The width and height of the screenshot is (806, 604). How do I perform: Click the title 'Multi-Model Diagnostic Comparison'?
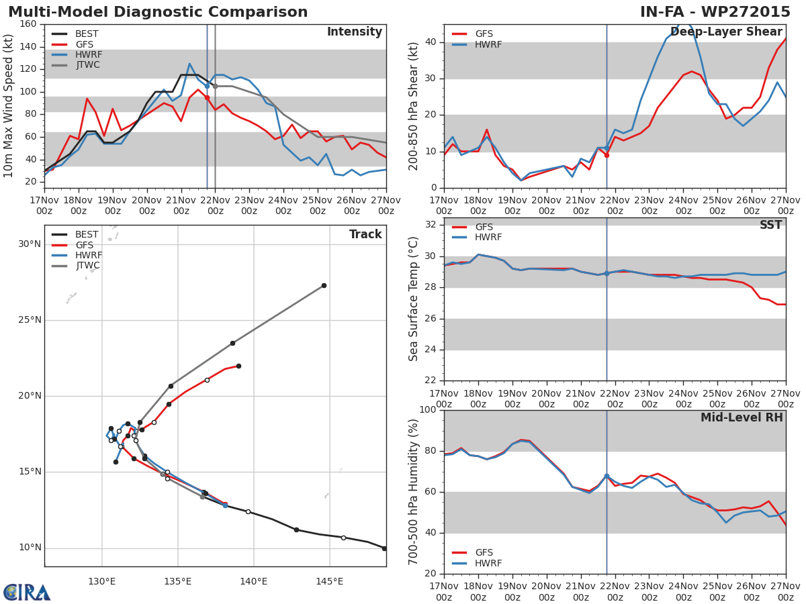pos(158,12)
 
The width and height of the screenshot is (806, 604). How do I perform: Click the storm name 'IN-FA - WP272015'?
pos(715,12)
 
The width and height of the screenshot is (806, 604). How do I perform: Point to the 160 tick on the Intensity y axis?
pos(28,24)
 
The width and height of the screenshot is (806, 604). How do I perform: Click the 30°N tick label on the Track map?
pos(30,244)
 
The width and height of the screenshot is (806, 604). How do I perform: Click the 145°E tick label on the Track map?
pos(329,581)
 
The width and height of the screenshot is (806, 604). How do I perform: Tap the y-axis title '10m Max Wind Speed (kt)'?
pos(9,106)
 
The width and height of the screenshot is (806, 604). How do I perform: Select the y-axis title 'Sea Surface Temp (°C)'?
pos(414,299)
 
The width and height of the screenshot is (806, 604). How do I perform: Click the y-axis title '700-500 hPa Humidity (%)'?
pos(414,492)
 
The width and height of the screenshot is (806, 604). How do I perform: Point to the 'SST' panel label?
pos(770,225)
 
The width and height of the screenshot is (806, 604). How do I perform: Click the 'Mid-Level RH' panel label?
pos(742,418)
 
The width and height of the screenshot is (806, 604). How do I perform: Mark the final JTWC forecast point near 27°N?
pos(324,285)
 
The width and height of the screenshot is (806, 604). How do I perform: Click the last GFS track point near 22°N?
pos(238,366)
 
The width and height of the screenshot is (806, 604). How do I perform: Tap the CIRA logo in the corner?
pos(27,592)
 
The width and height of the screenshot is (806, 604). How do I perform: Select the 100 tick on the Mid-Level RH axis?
pos(427,410)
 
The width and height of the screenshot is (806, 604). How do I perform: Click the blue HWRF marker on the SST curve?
pos(607,273)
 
